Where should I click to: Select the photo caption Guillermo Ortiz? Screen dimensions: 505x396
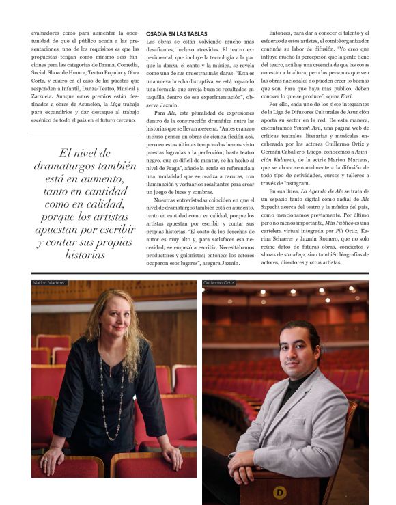[220, 282]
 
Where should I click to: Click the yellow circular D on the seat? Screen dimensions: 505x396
[279, 491]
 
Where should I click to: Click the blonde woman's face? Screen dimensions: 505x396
[115, 322]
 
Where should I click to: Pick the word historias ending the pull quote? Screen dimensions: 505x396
[85, 255]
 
